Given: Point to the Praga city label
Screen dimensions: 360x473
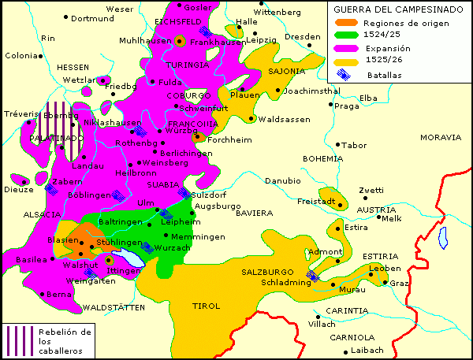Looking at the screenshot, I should (347, 106).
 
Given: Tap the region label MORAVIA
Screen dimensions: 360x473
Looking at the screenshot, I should (440, 137).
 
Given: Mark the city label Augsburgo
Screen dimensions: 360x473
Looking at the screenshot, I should (217, 206).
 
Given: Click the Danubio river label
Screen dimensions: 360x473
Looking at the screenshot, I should (282, 180).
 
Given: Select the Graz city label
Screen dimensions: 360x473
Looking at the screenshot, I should (400, 284).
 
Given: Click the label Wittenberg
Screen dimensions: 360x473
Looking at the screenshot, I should (277, 13).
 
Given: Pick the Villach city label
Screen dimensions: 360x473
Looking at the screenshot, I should (322, 324).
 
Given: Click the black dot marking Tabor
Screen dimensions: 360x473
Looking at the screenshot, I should (337, 145).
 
